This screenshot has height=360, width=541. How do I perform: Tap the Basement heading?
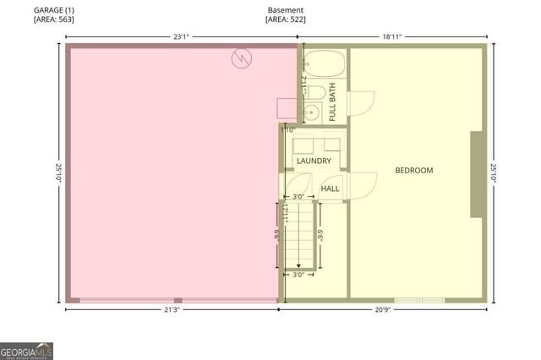285,8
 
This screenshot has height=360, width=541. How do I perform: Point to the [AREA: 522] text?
285,19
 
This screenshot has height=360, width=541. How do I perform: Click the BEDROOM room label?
414,171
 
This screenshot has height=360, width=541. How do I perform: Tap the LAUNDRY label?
313,160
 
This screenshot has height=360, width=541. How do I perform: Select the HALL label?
330,188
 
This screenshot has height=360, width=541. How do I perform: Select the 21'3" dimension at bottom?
172,310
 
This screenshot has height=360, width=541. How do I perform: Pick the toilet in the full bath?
314,90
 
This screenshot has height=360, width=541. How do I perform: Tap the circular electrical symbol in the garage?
243,58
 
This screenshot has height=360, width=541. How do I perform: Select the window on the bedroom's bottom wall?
419,300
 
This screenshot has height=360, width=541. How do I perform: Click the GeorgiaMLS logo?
26,349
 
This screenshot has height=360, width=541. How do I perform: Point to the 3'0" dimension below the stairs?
298,275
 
